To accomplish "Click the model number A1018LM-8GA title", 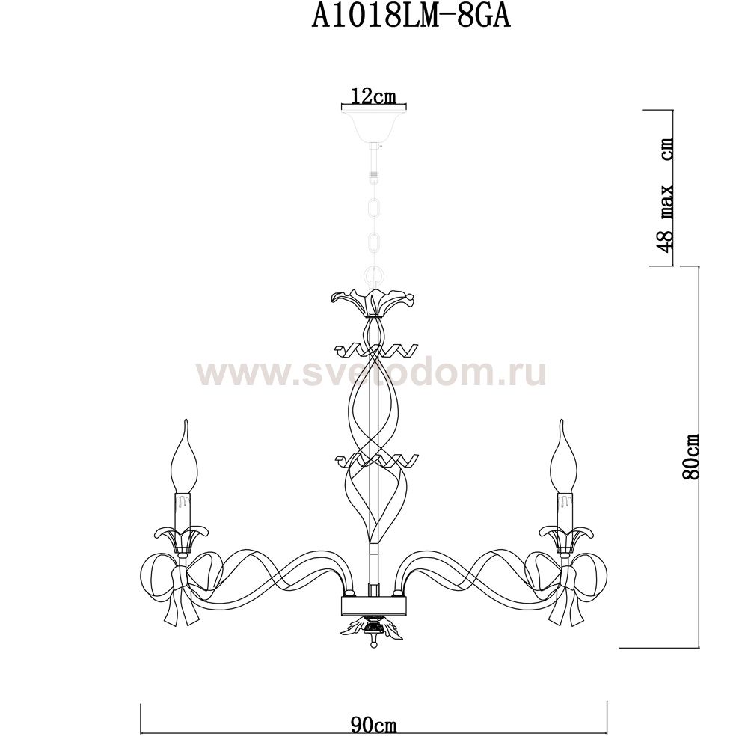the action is [411, 18].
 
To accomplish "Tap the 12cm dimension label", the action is [373, 96].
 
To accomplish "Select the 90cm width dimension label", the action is [373, 726].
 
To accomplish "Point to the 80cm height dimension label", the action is [690, 456].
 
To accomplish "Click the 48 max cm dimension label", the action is [665, 194].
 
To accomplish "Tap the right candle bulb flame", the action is [563, 456].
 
